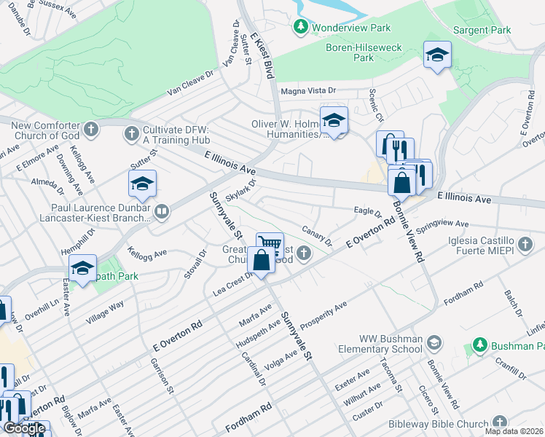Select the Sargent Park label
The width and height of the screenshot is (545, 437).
pos(482,31)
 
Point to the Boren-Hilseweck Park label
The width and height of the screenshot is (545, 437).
pos(364,52)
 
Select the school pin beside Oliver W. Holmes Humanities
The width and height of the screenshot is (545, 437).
pos(334,121)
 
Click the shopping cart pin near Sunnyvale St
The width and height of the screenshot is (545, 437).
pos(270,244)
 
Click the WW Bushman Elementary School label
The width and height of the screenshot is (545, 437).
pos(391,344)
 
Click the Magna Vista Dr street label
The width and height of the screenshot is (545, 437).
pos(308,91)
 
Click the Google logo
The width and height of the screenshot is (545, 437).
pos(24,428)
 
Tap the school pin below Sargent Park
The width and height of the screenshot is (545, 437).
pos(437,55)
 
